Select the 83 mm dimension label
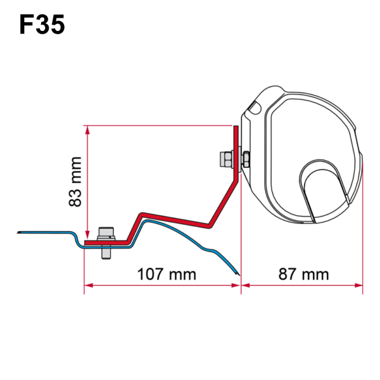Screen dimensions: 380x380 [76, 181]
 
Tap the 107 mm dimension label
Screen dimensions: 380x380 [166, 274]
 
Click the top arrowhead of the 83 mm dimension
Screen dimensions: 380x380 [86, 129]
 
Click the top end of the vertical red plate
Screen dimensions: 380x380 [236, 128]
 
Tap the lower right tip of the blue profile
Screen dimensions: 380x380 [237, 274]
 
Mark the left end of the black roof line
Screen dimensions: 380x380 [19, 231]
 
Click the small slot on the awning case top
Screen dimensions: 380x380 [253, 109]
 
